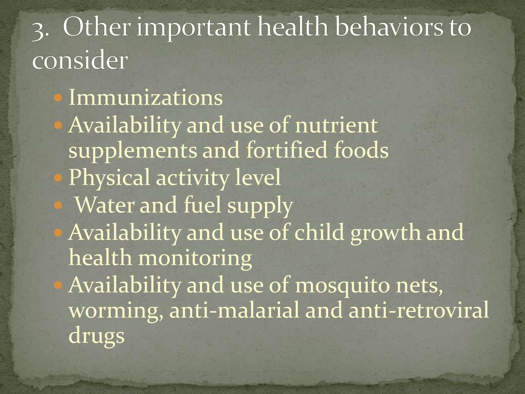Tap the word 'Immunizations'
(x=146, y=97)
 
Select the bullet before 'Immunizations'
(x=58, y=98)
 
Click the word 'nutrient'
(x=336, y=125)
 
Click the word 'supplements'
(x=133, y=151)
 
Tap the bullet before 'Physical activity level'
(x=58, y=177)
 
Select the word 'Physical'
(x=109, y=178)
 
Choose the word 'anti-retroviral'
(x=419, y=310)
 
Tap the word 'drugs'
(x=97, y=336)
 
